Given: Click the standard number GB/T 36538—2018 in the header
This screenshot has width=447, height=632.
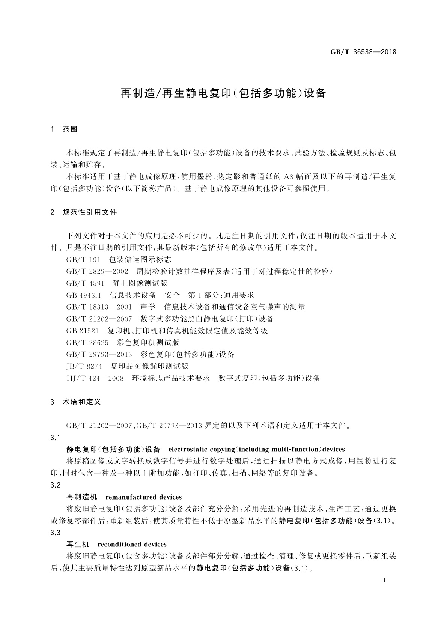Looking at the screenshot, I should (x=363, y=52).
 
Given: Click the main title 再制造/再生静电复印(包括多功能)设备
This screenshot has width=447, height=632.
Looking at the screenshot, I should (x=223, y=93).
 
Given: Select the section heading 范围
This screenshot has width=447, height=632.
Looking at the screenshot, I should (x=70, y=129).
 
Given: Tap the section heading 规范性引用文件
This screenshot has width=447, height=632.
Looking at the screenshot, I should (x=90, y=212).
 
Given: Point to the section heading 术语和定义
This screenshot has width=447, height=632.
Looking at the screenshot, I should (x=81, y=402).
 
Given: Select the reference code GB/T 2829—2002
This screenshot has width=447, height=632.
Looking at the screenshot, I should (x=97, y=271).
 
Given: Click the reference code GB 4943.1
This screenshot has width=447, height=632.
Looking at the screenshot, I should (x=84, y=295).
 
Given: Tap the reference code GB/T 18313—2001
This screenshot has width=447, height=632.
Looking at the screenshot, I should (x=99, y=307).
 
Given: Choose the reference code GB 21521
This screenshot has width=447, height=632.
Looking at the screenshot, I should (x=83, y=331).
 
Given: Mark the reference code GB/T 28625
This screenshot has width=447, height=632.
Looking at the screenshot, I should (x=87, y=343).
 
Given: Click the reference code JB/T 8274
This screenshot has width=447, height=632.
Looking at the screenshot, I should (x=84, y=366).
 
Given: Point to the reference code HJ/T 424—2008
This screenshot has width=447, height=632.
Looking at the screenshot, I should (x=95, y=378).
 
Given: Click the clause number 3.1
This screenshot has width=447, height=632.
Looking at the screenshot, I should (x=55, y=438).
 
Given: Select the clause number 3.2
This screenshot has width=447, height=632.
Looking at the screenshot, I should (x=55, y=485).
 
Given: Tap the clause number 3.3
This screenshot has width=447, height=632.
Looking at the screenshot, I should (x=55, y=533).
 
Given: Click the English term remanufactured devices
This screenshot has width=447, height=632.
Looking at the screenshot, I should (x=144, y=497).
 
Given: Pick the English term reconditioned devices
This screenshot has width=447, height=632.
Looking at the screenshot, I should (x=132, y=545).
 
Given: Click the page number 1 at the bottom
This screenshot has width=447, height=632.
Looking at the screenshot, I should (x=384, y=580).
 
